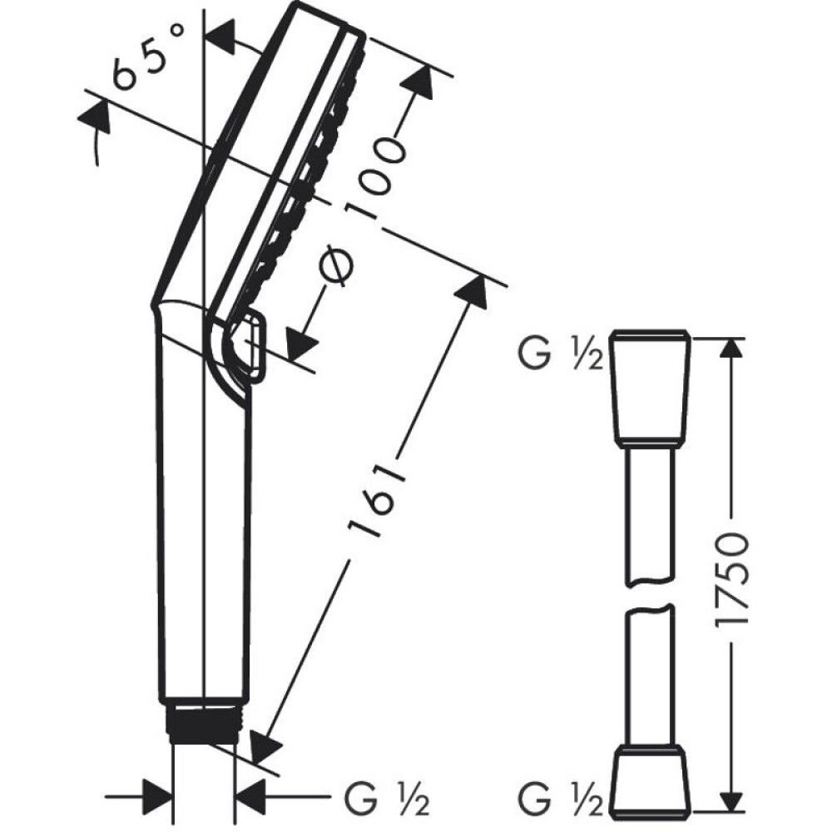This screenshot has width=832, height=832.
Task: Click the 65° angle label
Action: pyautogui.click(x=149, y=58)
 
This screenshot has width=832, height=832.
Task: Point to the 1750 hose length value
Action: pyautogui.click(x=731, y=582)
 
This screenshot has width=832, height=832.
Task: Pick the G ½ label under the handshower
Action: pyautogui.click(x=388, y=796)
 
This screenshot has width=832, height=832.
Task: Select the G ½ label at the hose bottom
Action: pyautogui.click(x=560, y=796)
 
